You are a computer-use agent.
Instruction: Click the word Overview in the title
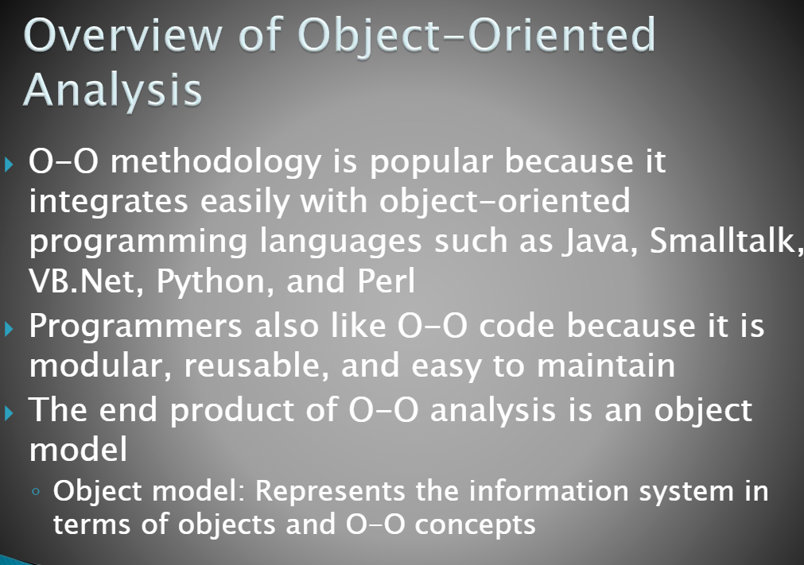[x=123, y=35]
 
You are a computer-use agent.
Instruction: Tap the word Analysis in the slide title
[x=113, y=91]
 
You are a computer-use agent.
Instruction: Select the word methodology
[x=216, y=164]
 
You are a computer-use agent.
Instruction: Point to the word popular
[x=431, y=164]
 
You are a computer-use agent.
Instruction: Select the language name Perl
[x=386, y=281]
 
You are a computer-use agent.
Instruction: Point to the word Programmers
[x=135, y=327]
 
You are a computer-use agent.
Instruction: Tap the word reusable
[x=256, y=366]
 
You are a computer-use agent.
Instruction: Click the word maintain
[x=605, y=366]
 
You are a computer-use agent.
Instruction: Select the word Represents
[x=330, y=491]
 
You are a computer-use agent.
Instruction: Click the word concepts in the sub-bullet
[x=476, y=525]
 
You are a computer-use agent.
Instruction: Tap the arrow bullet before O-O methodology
[x=8, y=164]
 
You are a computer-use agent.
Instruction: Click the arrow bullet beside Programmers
[x=8, y=329]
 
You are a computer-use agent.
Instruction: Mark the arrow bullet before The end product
[x=8, y=413]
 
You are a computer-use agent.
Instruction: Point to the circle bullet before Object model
[x=35, y=492]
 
